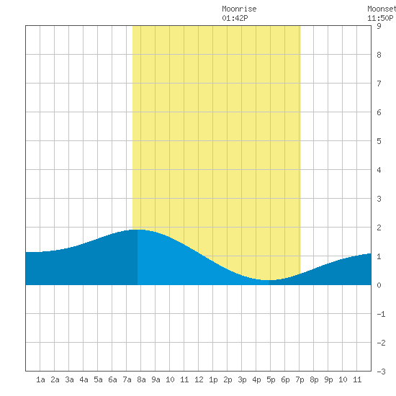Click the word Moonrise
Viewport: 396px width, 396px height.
tap(239, 9)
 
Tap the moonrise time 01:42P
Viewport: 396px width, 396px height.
tap(235, 18)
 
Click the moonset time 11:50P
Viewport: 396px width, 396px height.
tap(380, 18)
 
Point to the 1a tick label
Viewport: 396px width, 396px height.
tap(40, 379)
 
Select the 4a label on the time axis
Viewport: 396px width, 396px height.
tap(84, 379)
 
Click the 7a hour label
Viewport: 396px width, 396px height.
tap(127, 379)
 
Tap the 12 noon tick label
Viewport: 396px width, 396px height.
tap(199, 379)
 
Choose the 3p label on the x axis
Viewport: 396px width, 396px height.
tap(242, 379)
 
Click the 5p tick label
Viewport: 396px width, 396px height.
tap(271, 379)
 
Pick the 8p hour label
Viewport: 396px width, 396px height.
tap(314, 379)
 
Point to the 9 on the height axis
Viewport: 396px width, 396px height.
tap(379, 26)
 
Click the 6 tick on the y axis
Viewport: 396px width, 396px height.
tap(379, 112)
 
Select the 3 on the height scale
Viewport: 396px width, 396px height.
tap(379, 199)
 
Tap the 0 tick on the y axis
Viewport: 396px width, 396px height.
tap(379, 285)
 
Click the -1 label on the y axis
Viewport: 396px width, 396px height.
tap(381, 314)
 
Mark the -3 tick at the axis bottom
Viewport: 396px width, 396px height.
tap(381, 372)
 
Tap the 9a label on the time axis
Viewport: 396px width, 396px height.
tap(156, 379)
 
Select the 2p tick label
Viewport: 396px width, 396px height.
tap(228, 379)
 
